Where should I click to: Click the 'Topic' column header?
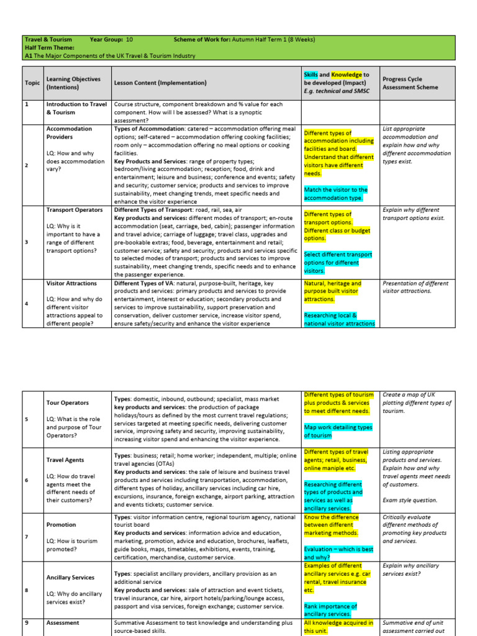click(32, 83)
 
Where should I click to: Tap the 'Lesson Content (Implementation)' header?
click(160, 83)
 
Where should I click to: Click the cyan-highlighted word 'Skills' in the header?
click(311, 75)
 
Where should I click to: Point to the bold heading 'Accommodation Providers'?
click(69, 133)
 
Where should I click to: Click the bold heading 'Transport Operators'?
click(74, 210)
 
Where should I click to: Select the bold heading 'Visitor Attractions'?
click(71, 283)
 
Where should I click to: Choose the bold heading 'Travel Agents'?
click(66, 460)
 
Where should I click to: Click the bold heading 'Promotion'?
click(61, 525)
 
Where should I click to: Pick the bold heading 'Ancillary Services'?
click(71, 578)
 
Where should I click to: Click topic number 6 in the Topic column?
click(26, 480)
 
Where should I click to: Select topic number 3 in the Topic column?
click(26, 242)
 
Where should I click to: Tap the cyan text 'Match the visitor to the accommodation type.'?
click(336, 194)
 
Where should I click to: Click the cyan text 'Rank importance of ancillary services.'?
click(330, 610)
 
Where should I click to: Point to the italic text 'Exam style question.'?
click(410, 500)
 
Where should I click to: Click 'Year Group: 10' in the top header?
click(111, 40)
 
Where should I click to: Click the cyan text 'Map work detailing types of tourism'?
click(338, 431)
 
